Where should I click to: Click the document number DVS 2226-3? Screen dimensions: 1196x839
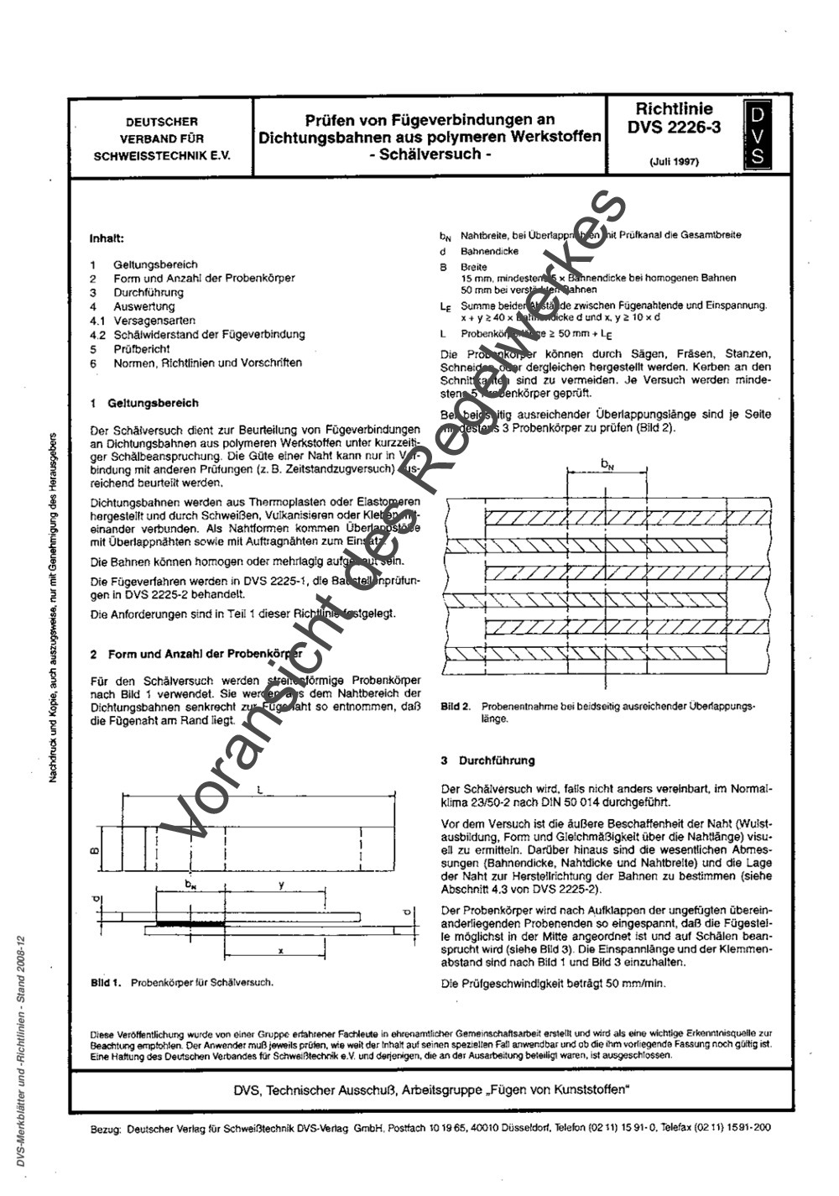point(674,128)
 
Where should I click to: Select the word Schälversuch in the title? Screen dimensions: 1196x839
point(430,154)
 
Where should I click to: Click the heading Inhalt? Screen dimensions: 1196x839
point(107,238)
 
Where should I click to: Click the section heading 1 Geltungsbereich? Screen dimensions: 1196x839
point(143,403)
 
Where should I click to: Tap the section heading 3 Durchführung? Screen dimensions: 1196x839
point(487,760)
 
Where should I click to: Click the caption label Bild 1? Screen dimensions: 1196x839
point(107,981)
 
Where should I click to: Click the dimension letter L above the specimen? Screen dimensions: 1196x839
point(261,791)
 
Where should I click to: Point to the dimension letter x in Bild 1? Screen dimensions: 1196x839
point(280,951)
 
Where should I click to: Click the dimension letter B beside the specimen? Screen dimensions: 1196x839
point(95,852)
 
